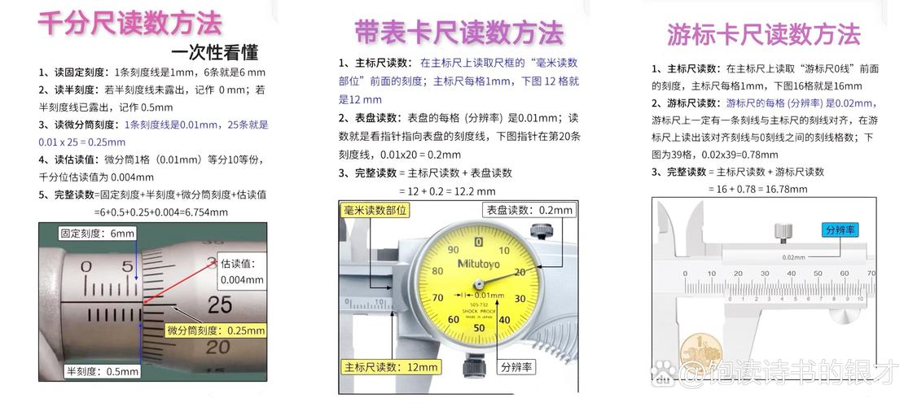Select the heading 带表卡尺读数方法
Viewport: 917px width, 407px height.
tap(458, 32)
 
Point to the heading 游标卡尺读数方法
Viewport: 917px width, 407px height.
tap(763, 35)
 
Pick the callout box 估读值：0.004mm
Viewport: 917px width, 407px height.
tap(242, 271)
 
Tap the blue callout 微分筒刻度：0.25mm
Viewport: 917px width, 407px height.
tap(217, 330)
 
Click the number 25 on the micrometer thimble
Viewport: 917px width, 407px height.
tap(220, 305)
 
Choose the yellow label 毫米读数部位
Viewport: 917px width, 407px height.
tap(374, 210)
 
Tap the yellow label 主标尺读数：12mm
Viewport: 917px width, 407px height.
tap(391, 367)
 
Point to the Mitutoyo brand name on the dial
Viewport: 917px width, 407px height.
tap(479, 262)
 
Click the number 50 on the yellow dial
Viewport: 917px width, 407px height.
tap(479, 328)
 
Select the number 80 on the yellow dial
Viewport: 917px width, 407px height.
tap(437, 271)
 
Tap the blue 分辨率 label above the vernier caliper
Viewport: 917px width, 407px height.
tap(840, 230)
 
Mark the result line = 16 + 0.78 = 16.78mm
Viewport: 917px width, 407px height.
tap(757, 189)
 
